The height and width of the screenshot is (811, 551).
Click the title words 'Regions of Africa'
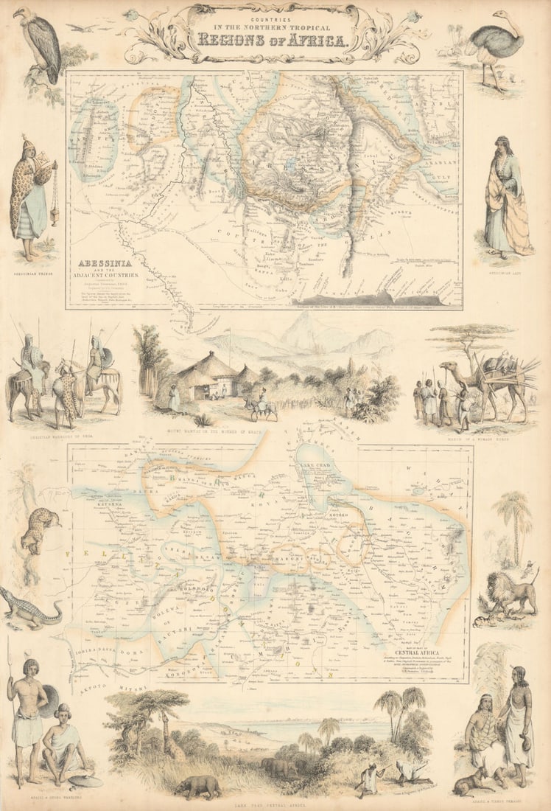tap(273, 38)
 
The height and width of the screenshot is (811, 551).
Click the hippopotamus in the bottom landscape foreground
tap(197, 786)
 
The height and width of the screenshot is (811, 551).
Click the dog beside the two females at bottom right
tap(464, 784)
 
